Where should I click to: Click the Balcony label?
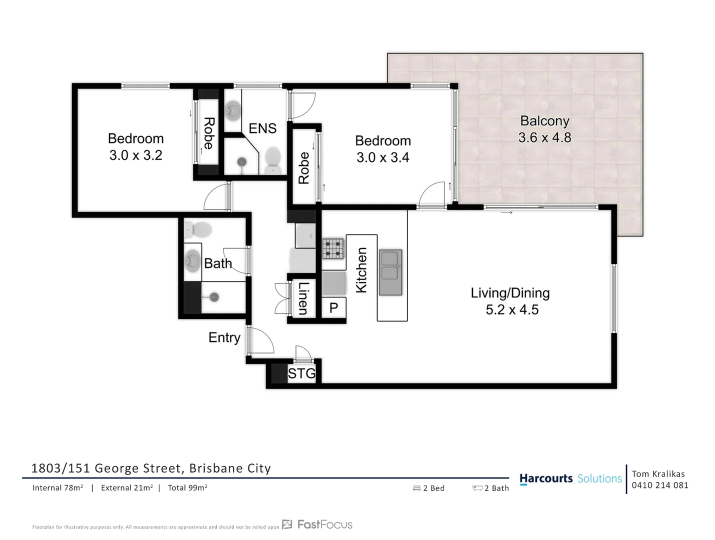[x=544, y=121]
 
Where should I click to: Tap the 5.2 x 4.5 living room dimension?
[x=512, y=310]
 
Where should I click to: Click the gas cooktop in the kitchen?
[x=333, y=248]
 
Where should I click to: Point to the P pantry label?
[x=333, y=308]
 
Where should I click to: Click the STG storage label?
[x=301, y=373]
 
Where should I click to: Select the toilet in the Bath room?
[x=198, y=230]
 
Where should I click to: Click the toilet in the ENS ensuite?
[x=272, y=159]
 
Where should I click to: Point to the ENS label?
[x=262, y=128]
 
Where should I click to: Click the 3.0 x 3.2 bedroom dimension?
[x=136, y=155]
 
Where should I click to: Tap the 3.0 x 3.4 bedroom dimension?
[x=382, y=157]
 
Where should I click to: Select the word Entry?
[x=224, y=337]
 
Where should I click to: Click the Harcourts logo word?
[x=546, y=478]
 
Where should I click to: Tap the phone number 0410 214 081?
[x=660, y=485]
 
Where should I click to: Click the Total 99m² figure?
[x=187, y=488]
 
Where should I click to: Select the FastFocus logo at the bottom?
[x=317, y=524]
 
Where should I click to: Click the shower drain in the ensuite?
[x=242, y=161]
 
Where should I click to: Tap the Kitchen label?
[x=361, y=270]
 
